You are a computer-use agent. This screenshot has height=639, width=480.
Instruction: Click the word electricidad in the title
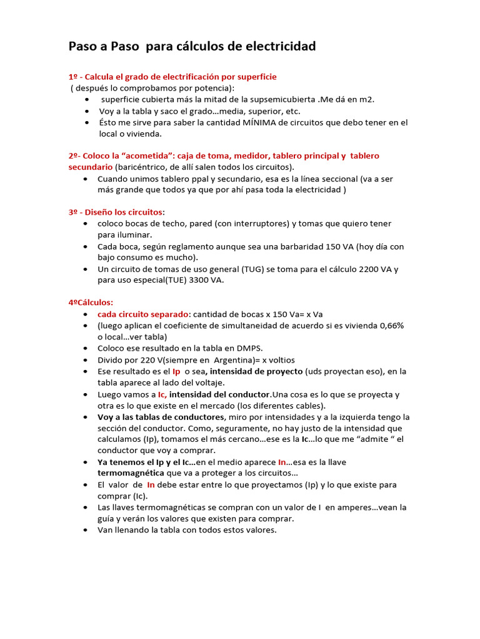pos(279,46)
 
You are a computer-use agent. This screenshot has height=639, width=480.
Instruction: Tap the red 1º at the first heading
pos(73,77)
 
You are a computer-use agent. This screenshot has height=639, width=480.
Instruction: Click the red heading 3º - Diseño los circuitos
pos(117,212)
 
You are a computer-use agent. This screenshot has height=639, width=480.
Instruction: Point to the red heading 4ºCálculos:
pos(91,302)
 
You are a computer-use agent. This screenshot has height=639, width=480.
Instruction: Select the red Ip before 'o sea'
pos(177,371)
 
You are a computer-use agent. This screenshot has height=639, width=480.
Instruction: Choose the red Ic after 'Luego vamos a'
pos(161,394)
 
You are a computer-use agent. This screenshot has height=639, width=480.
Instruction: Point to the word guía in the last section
pos(107,519)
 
